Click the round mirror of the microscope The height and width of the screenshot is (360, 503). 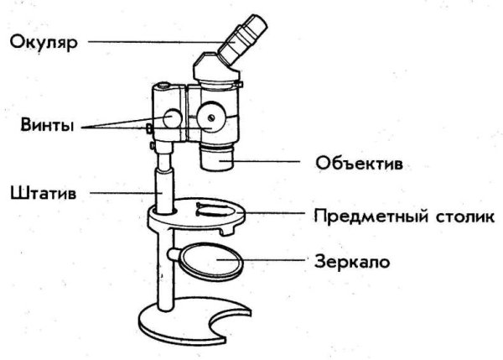pos(213,261)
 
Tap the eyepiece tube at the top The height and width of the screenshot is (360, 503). pos(243,39)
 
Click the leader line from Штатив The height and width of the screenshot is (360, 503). pos(126,192)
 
